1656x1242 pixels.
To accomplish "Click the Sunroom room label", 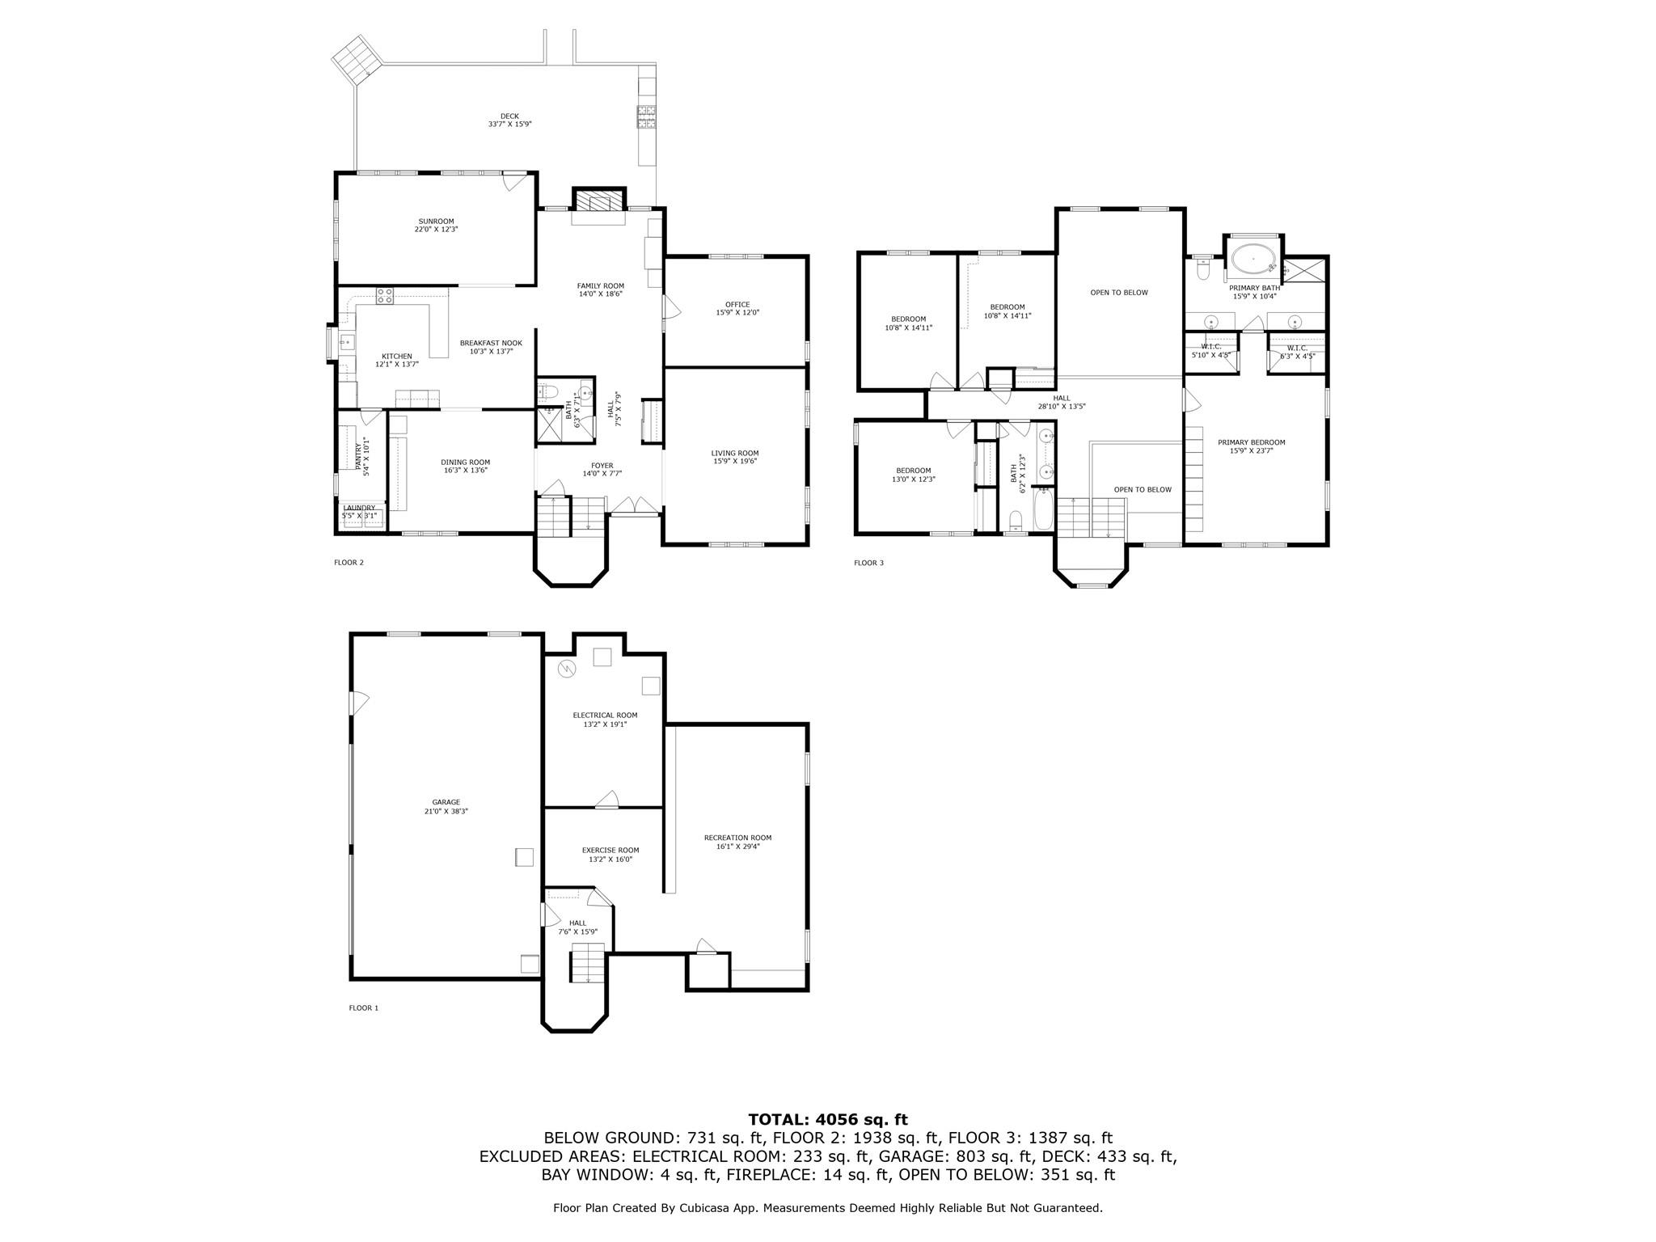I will tap(436, 222).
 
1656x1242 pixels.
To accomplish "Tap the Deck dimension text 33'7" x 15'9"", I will tap(509, 125).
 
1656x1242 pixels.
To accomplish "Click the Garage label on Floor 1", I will tap(446, 802).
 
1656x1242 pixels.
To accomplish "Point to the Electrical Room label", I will tap(605, 715).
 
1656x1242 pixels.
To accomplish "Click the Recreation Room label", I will tap(737, 838).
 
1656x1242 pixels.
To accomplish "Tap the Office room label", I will tap(737, 304).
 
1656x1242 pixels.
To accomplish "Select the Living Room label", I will tap(735, 453).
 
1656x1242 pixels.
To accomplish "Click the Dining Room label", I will tap(466, 462).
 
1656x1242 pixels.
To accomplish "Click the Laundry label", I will tap(359, 508).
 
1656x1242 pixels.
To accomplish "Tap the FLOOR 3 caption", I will tap(868, 563).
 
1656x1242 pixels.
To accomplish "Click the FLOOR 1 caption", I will tap(363, 1008).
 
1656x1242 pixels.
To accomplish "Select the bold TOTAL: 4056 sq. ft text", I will tap(827, 1119).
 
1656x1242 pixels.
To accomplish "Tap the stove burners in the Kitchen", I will tap(385, 295).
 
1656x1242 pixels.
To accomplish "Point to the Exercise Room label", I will tap(610, 850).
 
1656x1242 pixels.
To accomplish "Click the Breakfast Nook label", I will tap(491, 343).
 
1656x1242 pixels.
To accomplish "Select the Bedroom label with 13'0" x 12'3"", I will tap(913, 471).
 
